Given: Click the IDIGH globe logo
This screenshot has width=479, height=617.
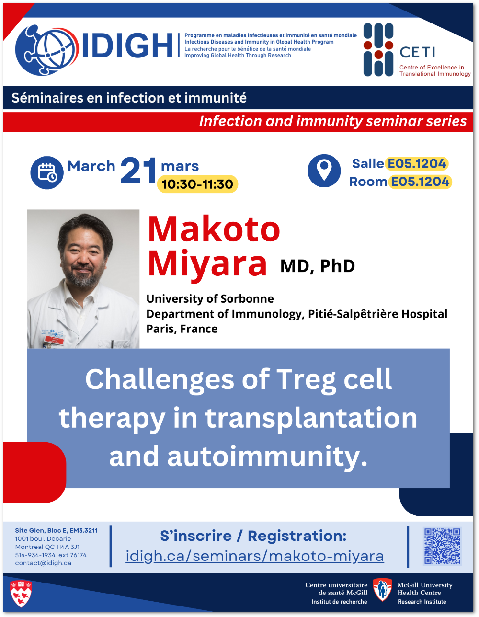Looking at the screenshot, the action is [x=47, y=50].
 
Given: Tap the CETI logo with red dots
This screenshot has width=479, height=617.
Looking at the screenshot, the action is [x=378, y=50].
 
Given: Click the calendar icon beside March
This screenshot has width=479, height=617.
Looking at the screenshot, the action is [x=47, y=172].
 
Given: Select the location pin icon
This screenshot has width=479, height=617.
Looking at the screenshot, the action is [x=324, y=171].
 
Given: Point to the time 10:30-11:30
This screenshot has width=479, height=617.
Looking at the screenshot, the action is [x=197, y=184].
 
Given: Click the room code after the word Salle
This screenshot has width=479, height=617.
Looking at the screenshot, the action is [x=417, y=163].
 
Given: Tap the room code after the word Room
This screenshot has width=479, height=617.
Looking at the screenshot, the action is [x=420, y=182].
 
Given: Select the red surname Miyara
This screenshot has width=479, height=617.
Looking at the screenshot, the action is [x=207, y=264].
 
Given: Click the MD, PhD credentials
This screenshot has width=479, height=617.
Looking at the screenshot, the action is [x=318, y=266].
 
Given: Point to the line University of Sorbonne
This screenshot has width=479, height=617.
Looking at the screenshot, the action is [x=210, y=299].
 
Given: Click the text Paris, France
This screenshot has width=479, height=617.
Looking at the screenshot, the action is [x=182, y=329].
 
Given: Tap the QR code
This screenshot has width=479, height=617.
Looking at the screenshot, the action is [x=442, y=546].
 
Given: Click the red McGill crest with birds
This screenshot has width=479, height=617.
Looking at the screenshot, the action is [x=21, y=594].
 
